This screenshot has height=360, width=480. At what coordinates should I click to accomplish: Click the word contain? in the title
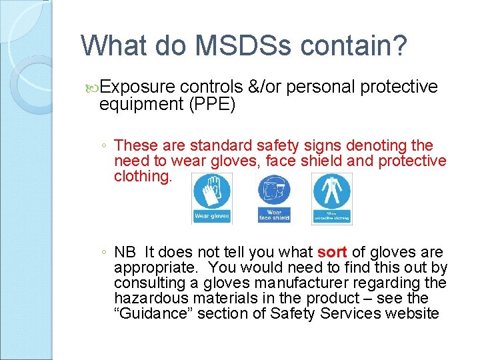tap(353, 46)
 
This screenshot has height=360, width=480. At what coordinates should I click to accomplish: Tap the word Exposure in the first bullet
tap(139, 88)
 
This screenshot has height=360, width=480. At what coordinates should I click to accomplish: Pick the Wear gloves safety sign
tap(212, 198)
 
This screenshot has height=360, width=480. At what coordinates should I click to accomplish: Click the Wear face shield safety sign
tap(274, 198)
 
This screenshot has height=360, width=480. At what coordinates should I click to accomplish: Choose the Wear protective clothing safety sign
tap(331, 198)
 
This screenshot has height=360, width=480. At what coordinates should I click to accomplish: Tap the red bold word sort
tap(332, 253)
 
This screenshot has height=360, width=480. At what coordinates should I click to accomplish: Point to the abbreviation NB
tap(125, 253)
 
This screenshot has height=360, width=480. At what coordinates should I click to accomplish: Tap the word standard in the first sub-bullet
tap(218, 145)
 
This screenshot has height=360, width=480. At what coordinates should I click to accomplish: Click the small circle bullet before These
tap(105, 146)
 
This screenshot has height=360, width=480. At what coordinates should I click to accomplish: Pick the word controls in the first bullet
tap(211, 88)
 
